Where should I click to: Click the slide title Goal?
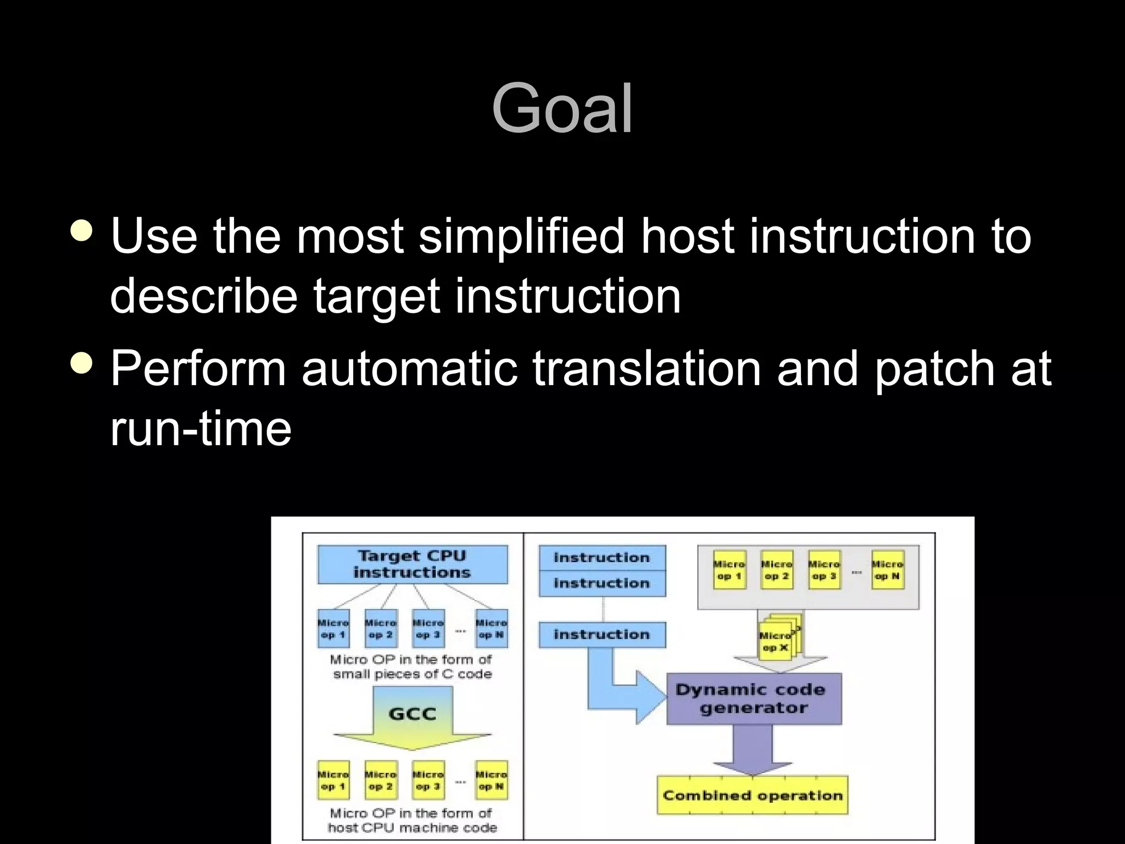tap(562, 108)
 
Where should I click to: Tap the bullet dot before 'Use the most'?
tap(82, 231)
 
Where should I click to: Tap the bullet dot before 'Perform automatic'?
tap(82, 363)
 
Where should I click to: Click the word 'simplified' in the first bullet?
tap(521, 236)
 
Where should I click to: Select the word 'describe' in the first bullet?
tap(204, 296)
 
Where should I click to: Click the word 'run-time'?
tap(201, 429)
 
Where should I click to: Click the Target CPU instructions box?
tap(413, 564)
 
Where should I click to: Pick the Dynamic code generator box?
tap(754, 698)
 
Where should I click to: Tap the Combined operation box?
tap(753, 795)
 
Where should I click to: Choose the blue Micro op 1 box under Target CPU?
tap(333, 629)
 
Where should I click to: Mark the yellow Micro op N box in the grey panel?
tap(887, 570)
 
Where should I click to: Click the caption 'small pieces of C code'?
tap(412, 674)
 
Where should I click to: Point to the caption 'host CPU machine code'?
tap(412, 828)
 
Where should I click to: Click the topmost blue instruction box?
tap(602, 558)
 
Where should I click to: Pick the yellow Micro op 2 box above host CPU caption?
tap(381, 780)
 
